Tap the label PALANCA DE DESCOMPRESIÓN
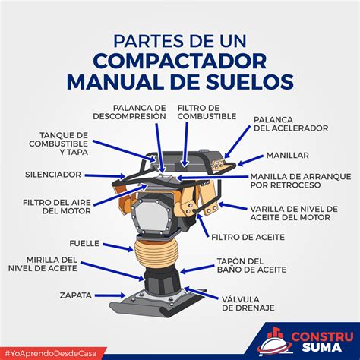(x=138, y=112)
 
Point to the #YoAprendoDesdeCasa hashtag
(x=53, y=352)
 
